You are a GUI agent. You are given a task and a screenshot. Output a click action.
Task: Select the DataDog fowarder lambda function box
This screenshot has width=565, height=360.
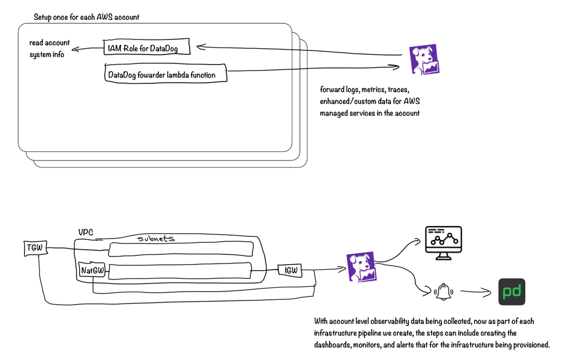pyautogui.click(x=165, y=74)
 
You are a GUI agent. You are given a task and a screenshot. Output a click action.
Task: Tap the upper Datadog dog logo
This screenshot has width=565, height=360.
pyautogui.click(x=423, y=59)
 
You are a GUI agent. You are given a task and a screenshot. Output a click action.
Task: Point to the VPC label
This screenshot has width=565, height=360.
pyautogui.click(x=86, y=233)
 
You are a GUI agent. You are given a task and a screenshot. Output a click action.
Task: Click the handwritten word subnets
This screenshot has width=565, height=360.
pyautogui.click(x=156, y=238)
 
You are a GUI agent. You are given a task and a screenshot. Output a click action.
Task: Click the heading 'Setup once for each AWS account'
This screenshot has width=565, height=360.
pyautogui.click(x=86, y=17)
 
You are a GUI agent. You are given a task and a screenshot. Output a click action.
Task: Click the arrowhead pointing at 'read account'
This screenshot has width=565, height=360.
pyautogui.click(x=74, y=49)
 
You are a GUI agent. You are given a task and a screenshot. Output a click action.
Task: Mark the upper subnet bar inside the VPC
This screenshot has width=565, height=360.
pyautogui.click(x=181, y=248)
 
